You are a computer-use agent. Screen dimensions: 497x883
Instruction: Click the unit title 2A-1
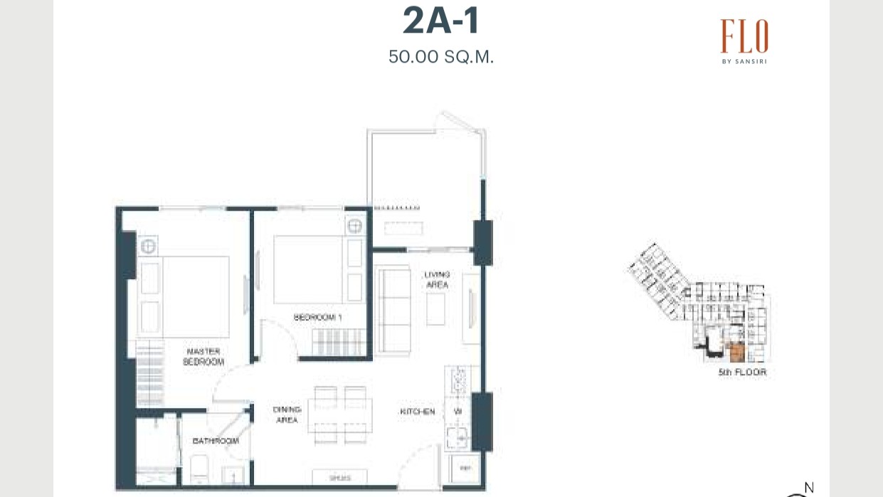coord(441,21)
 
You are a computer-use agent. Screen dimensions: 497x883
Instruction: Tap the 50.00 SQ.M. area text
coord(441,57)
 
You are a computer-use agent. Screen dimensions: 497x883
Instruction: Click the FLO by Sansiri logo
coord(744,41)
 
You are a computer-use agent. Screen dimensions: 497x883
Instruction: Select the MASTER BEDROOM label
coord(203,357)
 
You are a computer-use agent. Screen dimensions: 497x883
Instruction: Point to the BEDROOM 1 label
coord(318,318)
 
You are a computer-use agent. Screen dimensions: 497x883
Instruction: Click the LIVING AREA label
coord(437,280)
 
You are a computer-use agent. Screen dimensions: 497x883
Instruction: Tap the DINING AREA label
coord(287,414)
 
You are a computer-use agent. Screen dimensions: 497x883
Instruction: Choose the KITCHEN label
coord(417,412)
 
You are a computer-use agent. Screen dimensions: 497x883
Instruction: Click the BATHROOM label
coord(216,441)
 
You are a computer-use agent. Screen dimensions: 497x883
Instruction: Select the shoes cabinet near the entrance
coord(341,478)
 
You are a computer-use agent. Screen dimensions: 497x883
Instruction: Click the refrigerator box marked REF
coord(465,469)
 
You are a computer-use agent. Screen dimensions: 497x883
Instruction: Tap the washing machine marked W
coord(458,412)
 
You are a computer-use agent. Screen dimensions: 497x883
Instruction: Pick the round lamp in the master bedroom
coord(148,247)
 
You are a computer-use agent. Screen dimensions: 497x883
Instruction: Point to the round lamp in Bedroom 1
coord(354,226)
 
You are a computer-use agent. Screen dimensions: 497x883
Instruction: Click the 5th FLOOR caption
coord(742,372)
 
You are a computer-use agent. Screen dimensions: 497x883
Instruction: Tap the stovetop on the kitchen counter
coord(457,382)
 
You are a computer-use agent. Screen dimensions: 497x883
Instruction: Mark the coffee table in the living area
coord(435,308)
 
